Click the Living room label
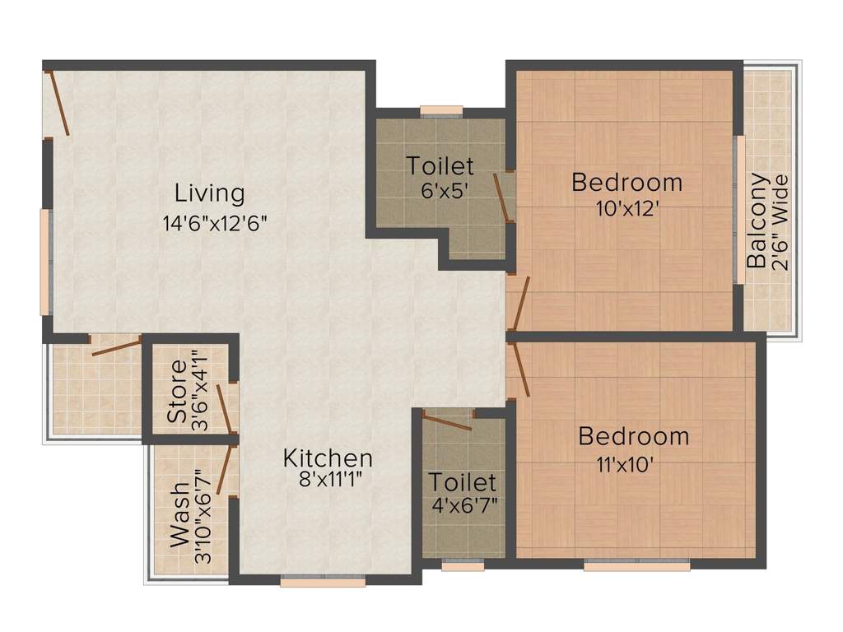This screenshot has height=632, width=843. pos(210,193)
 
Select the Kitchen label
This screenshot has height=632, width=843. pos(328,458)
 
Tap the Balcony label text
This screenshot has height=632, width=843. pos(757,221)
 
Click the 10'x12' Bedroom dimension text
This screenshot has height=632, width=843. pos(627,207)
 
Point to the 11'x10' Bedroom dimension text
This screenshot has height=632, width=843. pos(626,462)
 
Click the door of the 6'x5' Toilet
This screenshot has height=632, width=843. pos(501,197)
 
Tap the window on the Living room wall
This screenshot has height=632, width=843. pos(44,262)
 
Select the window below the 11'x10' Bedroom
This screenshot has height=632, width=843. pos(636,566)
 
